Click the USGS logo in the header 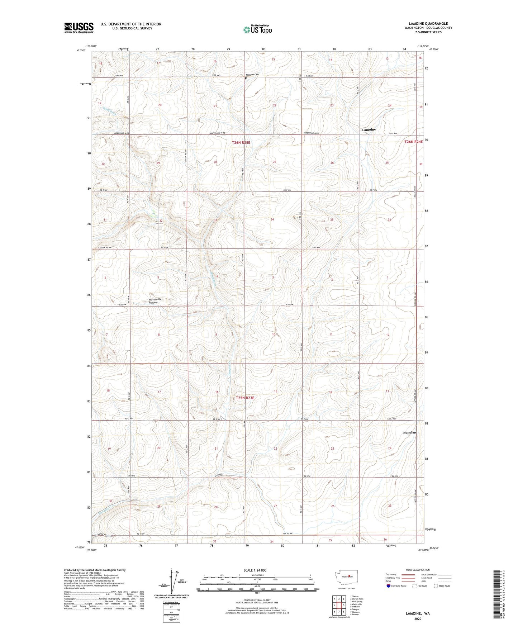click(x=79, y=28)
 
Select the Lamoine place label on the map click(x=369, y=129)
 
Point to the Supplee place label click(x=409, y=433)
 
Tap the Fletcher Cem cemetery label click(x=251, y=75)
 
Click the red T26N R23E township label click(x=241, y=142)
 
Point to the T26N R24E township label click(x=413, y=142)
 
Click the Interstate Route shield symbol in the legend click(x=389, y=586)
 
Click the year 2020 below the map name click(x=418, y=618)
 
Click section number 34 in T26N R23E click(x=272, y=219)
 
